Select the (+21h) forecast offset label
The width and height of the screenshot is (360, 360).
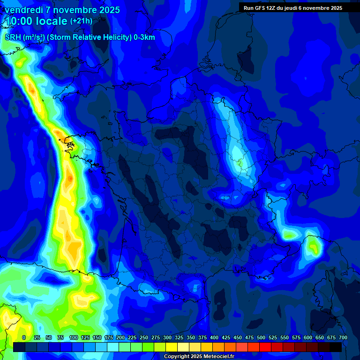[x=81, y=21]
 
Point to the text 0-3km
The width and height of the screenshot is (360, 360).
[x=144, y=37]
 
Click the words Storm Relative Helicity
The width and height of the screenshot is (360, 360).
[x=89, y=37]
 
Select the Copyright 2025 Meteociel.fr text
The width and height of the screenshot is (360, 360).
[x=198, y=356]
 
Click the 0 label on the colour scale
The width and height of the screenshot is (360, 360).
[x=24, y=337]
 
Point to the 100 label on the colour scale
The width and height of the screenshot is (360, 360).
[x=74, y=337]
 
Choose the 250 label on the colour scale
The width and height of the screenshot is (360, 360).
[x=144, y=337]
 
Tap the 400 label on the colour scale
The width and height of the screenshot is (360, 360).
[x=214, y=337]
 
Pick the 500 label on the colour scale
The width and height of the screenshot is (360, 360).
[x=261, y=337]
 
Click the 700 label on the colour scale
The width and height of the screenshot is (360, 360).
[x=343, y=337]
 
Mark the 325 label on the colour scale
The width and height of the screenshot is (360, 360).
[x=179, y=337]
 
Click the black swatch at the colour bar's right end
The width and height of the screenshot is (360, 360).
[x=335, y=347]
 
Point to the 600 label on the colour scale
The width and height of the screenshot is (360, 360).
[x=308, y=337]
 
